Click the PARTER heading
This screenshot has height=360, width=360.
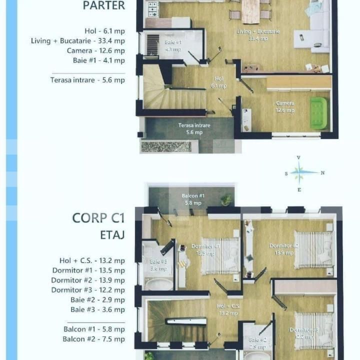coord(103,6)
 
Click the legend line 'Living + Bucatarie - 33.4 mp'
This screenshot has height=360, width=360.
coord(77,40)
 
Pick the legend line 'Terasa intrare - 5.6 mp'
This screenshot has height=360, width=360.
coord(87,80)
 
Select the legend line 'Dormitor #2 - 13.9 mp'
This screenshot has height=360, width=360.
coord(88,280)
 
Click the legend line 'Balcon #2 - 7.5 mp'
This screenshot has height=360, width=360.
coord(93,339)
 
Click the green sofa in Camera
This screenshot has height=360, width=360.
coord(318,113)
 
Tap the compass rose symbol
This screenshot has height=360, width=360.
coord(299,173)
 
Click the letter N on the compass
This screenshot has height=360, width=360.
coord(323,173)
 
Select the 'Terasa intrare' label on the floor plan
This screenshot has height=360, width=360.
coord(194,128)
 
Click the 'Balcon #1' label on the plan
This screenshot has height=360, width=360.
coord(192,199)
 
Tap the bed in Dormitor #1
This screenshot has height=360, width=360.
coord(220,255)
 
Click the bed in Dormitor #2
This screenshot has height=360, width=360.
coord(312,249)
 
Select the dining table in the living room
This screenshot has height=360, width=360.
coord(250,11)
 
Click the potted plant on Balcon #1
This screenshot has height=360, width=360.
coord(226,199)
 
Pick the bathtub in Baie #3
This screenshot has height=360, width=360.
coord(159,283)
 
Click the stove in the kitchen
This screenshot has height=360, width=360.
coord(152,8)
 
